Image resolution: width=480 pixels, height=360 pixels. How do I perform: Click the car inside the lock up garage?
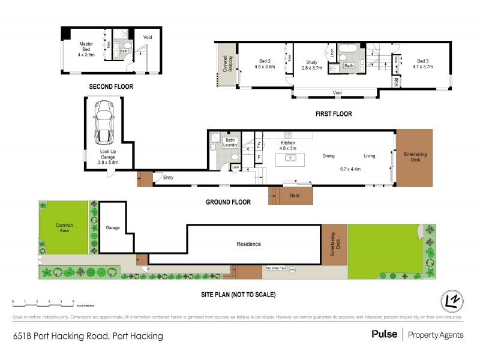pos(104,123)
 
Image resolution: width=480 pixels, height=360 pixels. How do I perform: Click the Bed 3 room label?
pos(422,64)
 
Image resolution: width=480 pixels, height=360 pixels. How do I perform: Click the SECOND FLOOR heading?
pos(111,87)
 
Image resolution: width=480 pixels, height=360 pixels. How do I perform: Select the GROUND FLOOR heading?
pos(228,202)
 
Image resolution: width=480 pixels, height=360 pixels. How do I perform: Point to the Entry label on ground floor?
pos(167,178)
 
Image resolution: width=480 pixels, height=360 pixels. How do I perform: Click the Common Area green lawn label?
pos(64,228)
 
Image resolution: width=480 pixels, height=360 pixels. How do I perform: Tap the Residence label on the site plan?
pos(248,244)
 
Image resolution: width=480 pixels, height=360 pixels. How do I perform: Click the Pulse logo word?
pos(384,335)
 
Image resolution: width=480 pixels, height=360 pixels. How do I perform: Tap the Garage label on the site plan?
pos(113,228)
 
